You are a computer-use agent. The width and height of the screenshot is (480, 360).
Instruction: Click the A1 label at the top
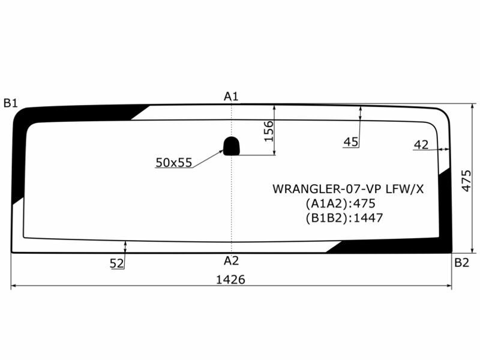pos(232,96)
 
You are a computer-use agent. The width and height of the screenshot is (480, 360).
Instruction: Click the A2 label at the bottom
pos(232,260)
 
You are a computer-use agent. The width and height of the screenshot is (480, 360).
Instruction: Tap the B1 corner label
pos(10,103)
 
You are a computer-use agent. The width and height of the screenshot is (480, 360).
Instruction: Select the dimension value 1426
pos(232,279)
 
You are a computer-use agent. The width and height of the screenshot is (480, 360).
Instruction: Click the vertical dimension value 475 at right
pos(467,178)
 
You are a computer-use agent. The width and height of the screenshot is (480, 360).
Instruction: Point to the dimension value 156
pos(268,131)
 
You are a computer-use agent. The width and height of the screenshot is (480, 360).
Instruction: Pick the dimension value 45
pos(351,142)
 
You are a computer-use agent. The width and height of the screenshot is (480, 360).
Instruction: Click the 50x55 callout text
pos(173,162)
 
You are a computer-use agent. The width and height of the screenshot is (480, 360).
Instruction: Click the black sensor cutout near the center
pos(232,145)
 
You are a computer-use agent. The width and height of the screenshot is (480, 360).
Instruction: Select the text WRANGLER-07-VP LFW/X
pos(348,189)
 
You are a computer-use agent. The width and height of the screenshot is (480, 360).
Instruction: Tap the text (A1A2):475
pos(340,203)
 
